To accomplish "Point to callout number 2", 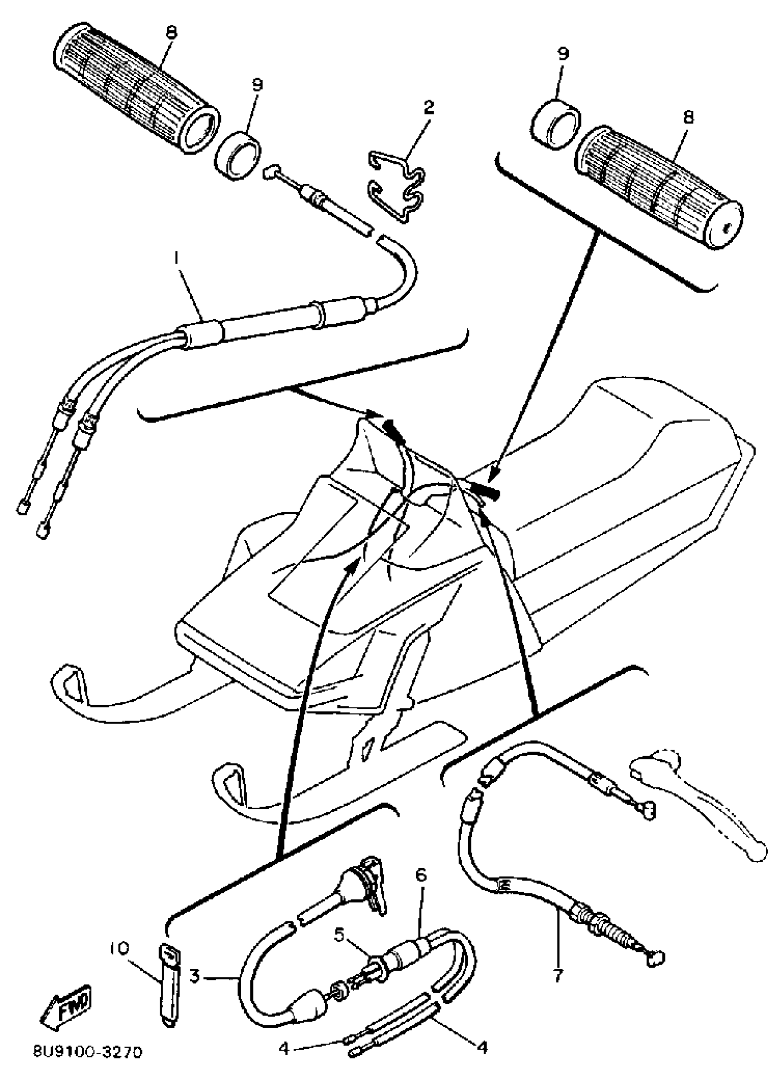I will click(429, 107).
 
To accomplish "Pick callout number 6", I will click(422, 875).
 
